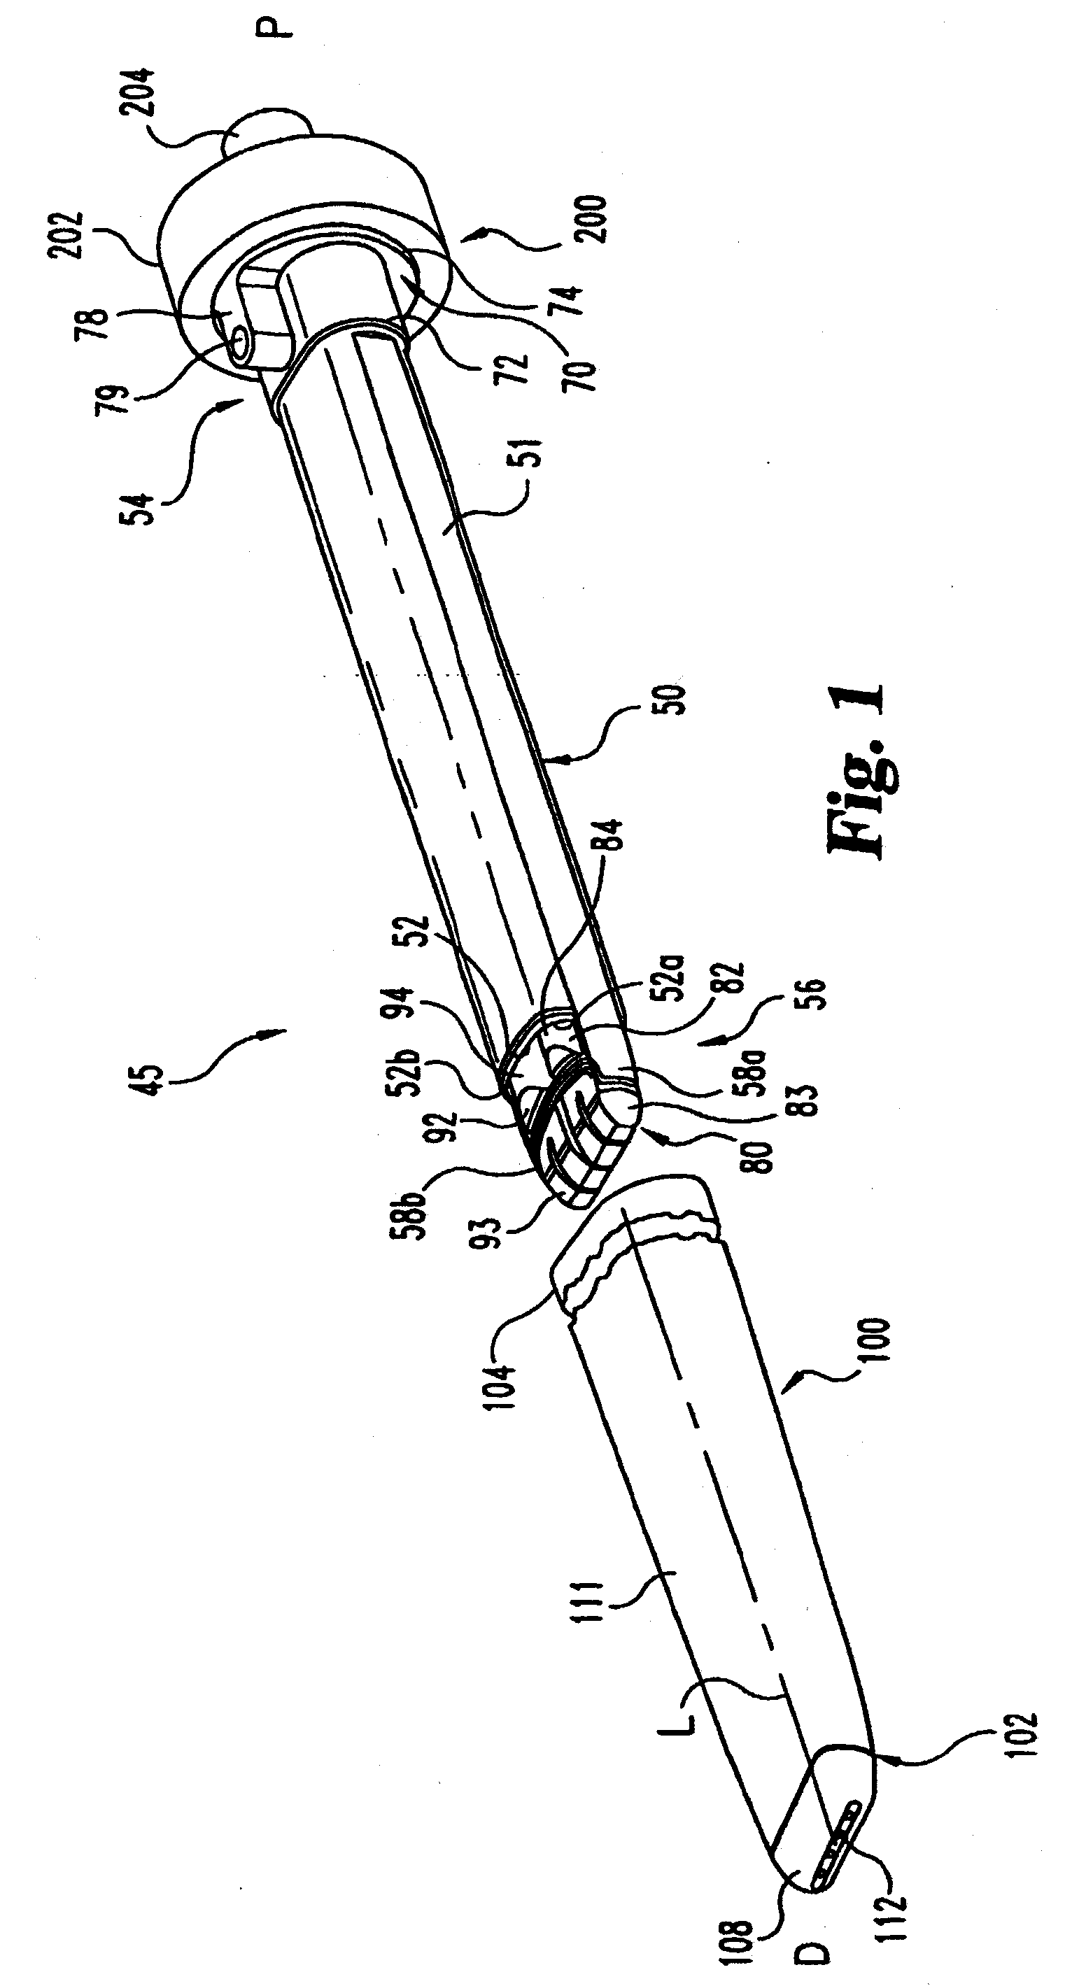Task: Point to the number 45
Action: pyautogui.click(x=152, y=1086)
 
